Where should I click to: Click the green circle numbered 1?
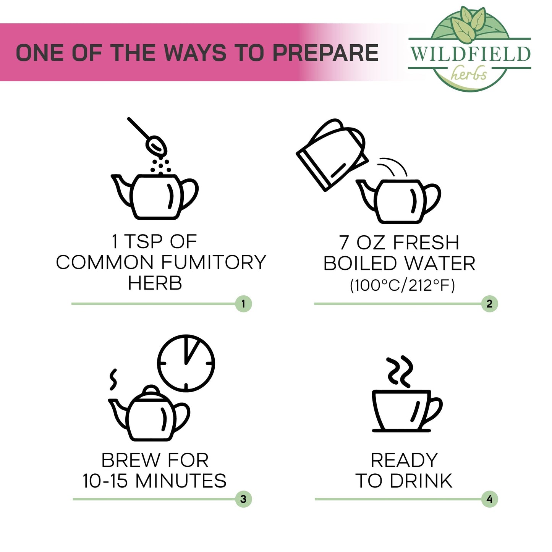tap(243, 304)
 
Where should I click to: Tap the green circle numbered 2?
tap(489, 304)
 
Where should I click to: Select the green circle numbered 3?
tap(243, 499)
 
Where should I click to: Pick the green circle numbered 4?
tap(489, 499)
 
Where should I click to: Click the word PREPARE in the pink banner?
tap(325, 53)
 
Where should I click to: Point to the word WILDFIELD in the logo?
tap(470, 54)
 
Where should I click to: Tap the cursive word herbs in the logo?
tap(469, 73)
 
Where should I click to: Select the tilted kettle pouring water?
tap(332, 155)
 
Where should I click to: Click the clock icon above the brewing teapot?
tap(186, 363)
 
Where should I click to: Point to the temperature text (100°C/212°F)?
tap(403, 286)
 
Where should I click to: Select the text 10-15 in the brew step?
tap(105, 481)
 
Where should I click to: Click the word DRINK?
tap(421, 481)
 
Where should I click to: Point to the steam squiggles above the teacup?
tap(400, 371)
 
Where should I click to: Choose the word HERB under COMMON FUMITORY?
tap(155, 283)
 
